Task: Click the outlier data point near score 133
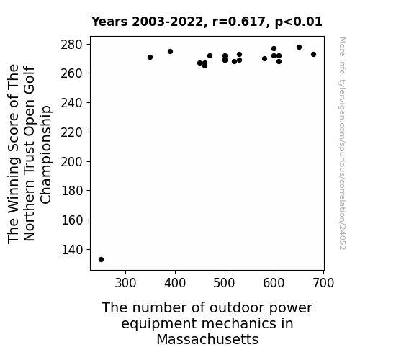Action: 101,260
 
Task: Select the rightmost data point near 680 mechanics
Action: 313,55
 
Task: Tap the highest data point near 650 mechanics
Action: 299,48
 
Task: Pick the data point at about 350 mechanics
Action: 150,58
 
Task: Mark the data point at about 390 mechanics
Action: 170,52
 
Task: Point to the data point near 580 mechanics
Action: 264,58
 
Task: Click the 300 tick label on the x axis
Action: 125,283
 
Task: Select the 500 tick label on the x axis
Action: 225,283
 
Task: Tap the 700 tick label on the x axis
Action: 324,283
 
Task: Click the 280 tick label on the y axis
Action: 72,45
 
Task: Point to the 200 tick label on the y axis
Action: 72,162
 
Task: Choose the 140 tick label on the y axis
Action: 72,249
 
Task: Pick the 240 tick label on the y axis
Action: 72,103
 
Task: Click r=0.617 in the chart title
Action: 239,22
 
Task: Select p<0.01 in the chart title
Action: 298,22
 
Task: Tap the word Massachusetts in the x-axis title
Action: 207,339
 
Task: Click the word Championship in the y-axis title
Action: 45,155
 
